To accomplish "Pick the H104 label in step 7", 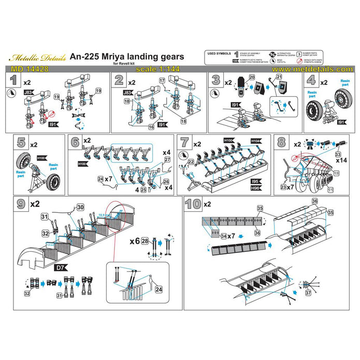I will (x=255, y=141).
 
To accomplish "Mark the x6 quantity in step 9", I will (x=134, y=241).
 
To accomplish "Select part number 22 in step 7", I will (x=191, y=162).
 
